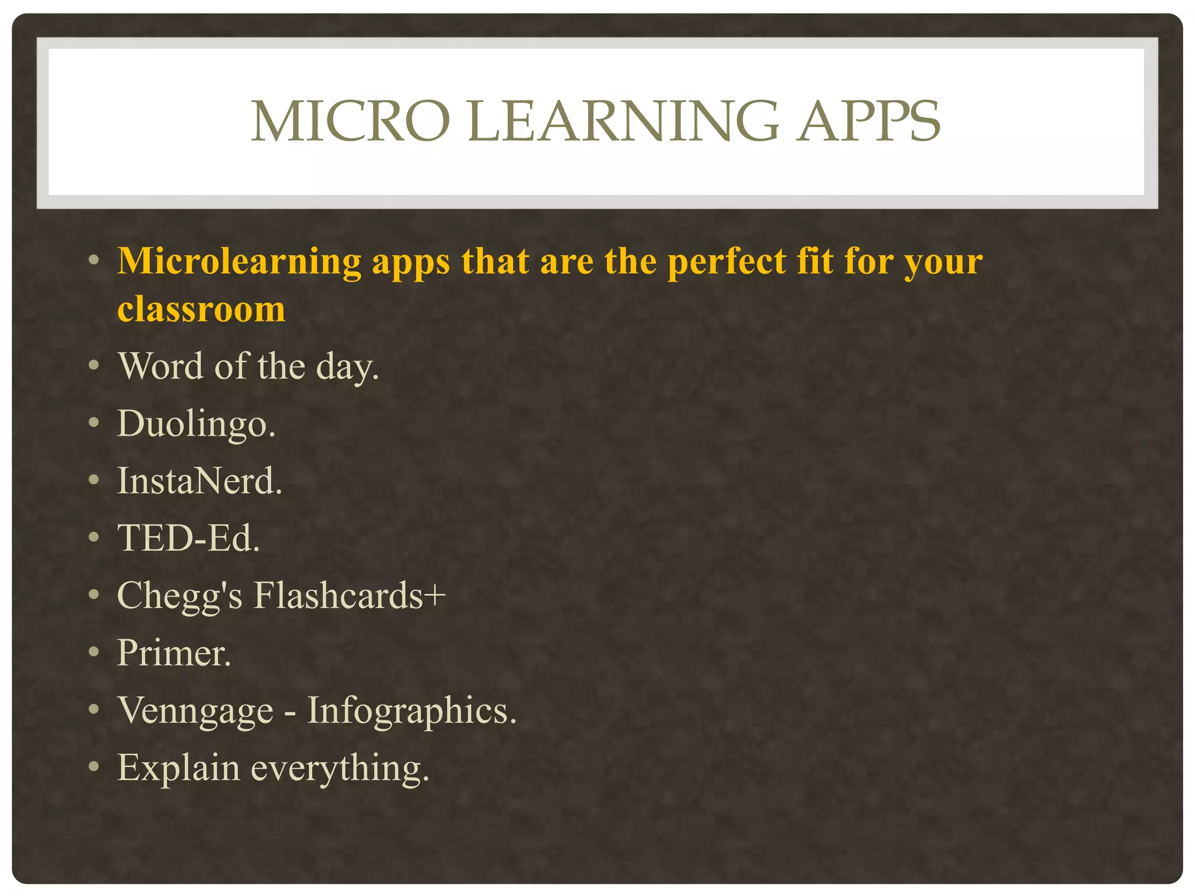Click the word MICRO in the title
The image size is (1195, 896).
(350, 121)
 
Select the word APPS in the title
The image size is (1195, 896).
(869, 121)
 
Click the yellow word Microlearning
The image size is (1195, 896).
(239, 261)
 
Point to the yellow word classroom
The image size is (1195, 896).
(201, 309)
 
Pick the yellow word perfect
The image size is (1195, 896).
(727, 261)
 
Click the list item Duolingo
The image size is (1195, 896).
(196, 423)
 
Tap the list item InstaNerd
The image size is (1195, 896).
(200, 481)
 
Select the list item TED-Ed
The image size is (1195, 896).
(188, 538)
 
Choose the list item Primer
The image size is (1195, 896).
(174, 652)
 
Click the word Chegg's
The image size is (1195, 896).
(180, 596)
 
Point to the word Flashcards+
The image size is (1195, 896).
(350, 595)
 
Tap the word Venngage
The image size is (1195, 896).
(195, 710)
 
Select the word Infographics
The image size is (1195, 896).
(412, 710)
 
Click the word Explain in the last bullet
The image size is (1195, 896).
(179, 768)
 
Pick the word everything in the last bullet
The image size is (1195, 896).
(340, 768)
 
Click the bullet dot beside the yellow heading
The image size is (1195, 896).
(94, 260)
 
